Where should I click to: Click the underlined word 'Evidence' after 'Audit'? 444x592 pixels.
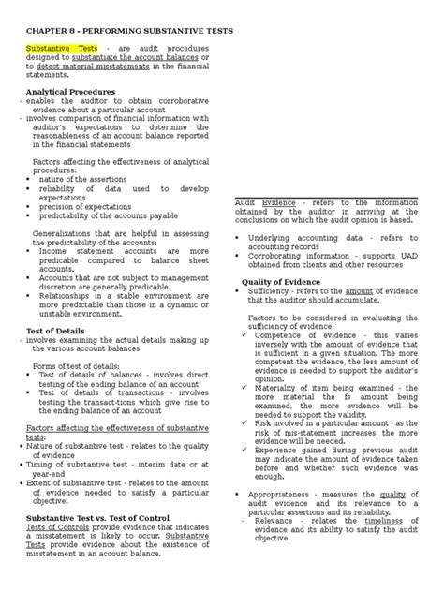278,201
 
